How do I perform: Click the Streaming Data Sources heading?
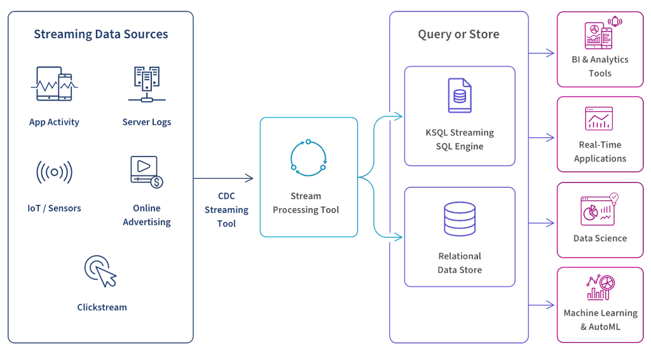pos(100,34)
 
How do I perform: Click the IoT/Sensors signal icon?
pos(54,172)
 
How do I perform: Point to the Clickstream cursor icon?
pos(100,270)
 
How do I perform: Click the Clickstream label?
pos(102,307)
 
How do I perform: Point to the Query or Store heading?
pos(458,34)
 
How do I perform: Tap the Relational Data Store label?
pos(459,262)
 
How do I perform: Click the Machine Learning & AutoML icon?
pos(599,287)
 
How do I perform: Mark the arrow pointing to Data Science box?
pos(542,223)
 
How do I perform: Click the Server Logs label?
pos(146,121)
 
